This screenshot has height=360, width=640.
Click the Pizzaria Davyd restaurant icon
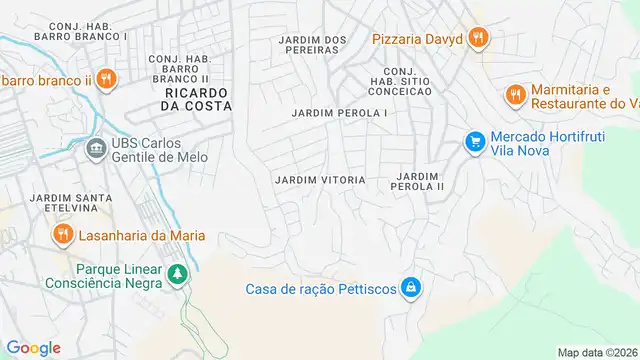(479, 39)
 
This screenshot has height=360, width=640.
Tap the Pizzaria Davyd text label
(417, 39)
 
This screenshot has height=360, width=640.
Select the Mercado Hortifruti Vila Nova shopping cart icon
(475, 142)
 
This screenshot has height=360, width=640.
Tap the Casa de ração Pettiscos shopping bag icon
(409, 289)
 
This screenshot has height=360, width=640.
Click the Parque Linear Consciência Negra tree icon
(177, 273)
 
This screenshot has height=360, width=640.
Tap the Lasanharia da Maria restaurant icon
(62, 235)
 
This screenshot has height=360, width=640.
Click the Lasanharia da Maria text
(142, 235)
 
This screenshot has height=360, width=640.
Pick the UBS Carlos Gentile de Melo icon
(95, 150)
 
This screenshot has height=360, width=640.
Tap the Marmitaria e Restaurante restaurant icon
(515, 95)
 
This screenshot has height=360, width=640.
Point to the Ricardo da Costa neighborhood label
(196, 98)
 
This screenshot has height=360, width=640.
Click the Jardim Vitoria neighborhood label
(320, 180)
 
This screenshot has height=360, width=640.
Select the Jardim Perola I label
(340, 113)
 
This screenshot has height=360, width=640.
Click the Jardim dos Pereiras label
(313, 45)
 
